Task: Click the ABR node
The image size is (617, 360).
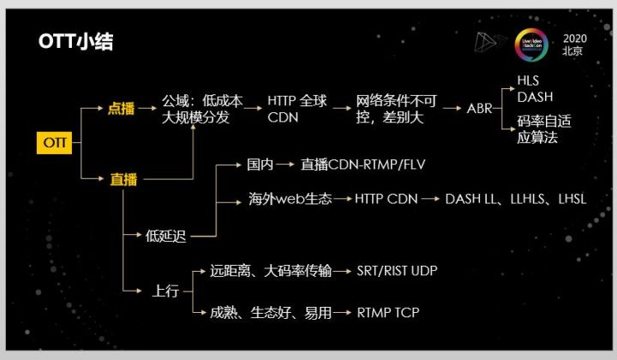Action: pos(480,109)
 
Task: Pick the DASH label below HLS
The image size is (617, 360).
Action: pos(535,96)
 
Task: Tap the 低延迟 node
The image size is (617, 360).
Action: pos(165,236)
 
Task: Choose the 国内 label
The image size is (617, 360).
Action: pos(260,163)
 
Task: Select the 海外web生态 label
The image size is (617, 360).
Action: pos(278,200)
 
